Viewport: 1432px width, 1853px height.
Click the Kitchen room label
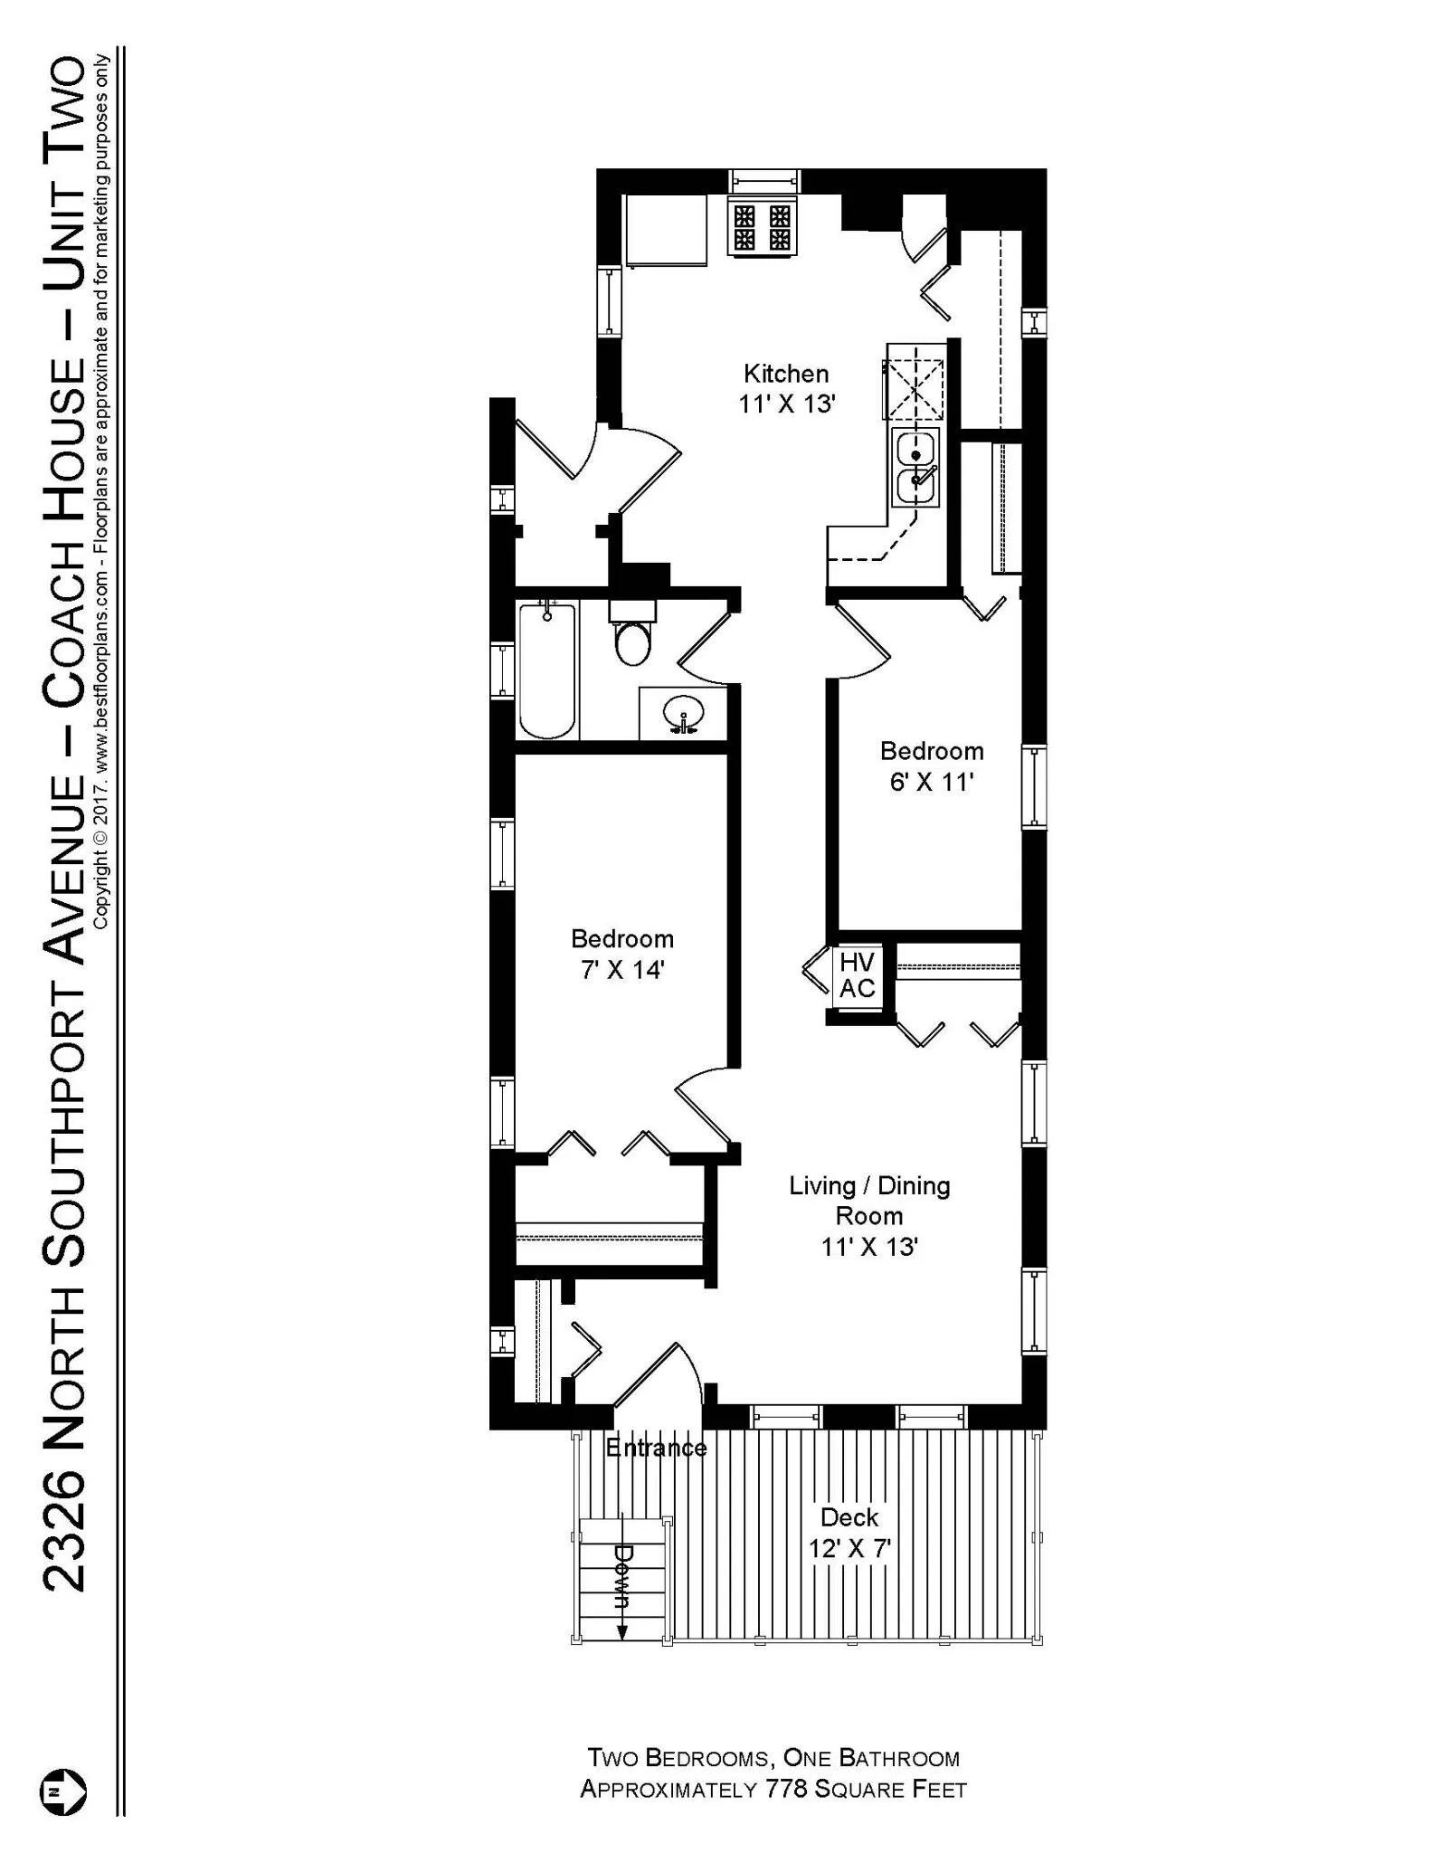coord(785,373)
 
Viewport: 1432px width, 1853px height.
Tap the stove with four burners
coord(763,226)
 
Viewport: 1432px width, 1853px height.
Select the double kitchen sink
coord(915,468)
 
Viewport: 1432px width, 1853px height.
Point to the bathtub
coord(547,671)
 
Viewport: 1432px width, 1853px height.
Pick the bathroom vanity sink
coord(684,714)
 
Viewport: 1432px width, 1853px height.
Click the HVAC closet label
coord(857,974)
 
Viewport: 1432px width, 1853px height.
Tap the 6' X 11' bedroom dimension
coord(931,782)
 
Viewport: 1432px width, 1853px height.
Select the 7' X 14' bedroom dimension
coord(621,970)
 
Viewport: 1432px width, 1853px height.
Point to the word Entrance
coord(655,1448)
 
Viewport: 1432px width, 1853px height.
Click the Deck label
coord(849,1517)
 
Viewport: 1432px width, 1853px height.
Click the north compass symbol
coord(63,1791)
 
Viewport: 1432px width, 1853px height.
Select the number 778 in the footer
coord(787,1789)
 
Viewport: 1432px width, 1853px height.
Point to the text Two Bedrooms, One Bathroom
coord(773,1758)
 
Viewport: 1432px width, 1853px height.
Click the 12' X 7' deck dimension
coord(849,1548)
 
